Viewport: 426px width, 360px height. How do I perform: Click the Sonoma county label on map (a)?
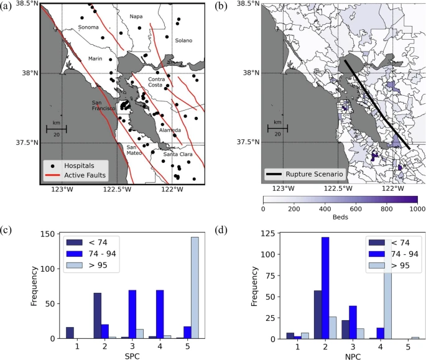(x=88, y=27)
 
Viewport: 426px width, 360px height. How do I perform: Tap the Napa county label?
(x=136, y=16)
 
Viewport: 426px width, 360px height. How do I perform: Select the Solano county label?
(x=183, y=40)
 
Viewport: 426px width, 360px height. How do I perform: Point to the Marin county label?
(x=95, y=58)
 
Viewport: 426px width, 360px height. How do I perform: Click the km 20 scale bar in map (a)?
(x=56, y=129)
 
